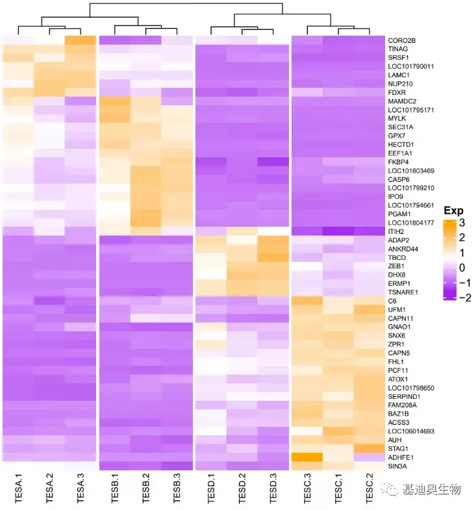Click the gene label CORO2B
(x=401, y=40)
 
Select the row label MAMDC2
(x=402, y=101)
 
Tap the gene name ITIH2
(x=396, y=231)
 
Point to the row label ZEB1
(x=396, y=266)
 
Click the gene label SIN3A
(x=397, y=466)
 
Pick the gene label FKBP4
(x=398, y=162)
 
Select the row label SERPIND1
(x=404, y=396)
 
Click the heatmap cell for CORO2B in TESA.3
(x=81, y=40)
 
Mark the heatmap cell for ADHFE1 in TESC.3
(x=307, y=457)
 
